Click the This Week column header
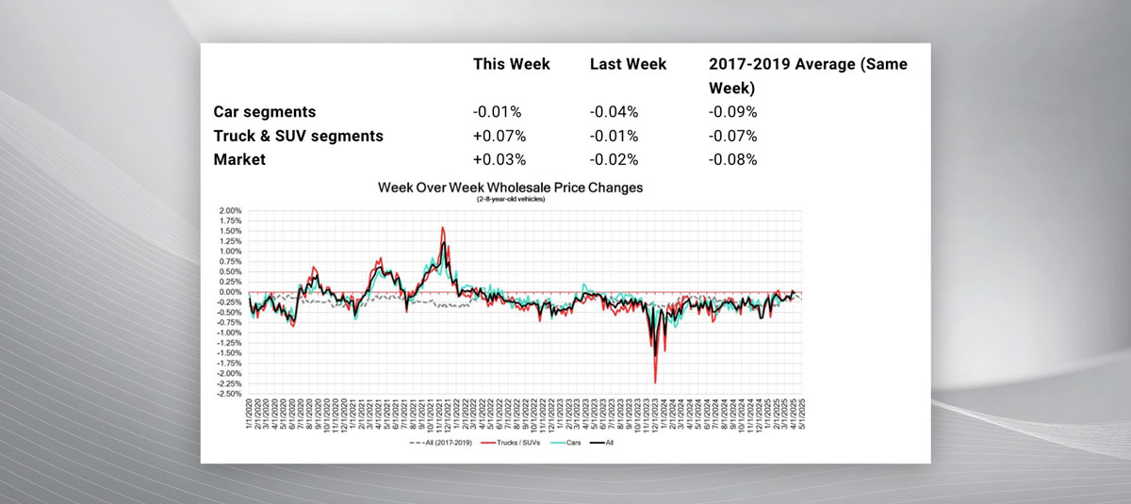coord(511,64)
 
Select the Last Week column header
coord(628,64)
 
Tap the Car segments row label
coord(264,112)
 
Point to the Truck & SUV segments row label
coord(298,136)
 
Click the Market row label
coord(239,159)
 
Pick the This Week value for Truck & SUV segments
coord(500,136)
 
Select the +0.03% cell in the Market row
coord(500,159)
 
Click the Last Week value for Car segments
coord(615,112)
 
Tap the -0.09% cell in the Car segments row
coord(733,112)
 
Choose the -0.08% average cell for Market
coord(733,159)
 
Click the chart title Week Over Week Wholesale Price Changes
coord(510,187)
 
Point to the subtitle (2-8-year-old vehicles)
coord(510,199)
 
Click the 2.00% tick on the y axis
coord(231,210)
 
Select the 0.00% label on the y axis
coord(231,292)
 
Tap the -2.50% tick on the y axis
coord(230,394)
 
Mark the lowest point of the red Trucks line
coord(655,382)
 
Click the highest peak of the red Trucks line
coord(443,227)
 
